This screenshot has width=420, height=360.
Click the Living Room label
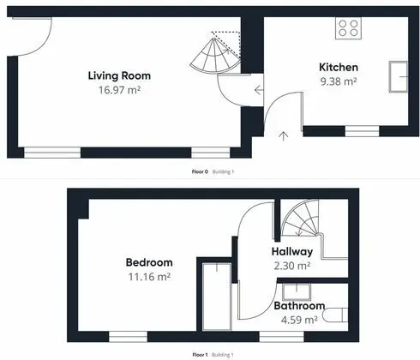pos(119,75)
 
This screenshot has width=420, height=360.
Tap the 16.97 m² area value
pos(119,90)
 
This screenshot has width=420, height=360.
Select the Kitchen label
pos(339,67)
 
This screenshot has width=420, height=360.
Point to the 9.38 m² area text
pos(339,81)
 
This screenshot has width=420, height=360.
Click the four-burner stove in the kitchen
pos(348,28)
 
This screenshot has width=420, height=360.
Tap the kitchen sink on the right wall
pos(399,76)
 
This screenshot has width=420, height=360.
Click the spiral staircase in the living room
pos(216,56)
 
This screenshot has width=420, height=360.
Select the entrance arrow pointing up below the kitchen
pos(283,136)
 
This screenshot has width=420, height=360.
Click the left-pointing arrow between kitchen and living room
pos(259,90)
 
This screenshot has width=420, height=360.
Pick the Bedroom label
pos(149,262)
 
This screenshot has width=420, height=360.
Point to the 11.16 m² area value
pos(149,277)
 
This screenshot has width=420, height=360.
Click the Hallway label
pos(292,251)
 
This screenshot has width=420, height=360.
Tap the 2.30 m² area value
pos(292,266)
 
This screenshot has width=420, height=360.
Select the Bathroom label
pos(299,306)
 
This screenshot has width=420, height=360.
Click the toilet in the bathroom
pos(336,315)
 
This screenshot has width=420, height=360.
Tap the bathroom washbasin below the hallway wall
pos(297,291)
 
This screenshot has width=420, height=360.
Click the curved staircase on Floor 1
pos(301,218)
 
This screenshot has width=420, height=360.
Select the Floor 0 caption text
pos(200,171)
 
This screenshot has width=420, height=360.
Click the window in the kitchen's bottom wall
pos(362,131)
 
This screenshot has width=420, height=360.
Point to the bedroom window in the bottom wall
pos(128,337)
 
